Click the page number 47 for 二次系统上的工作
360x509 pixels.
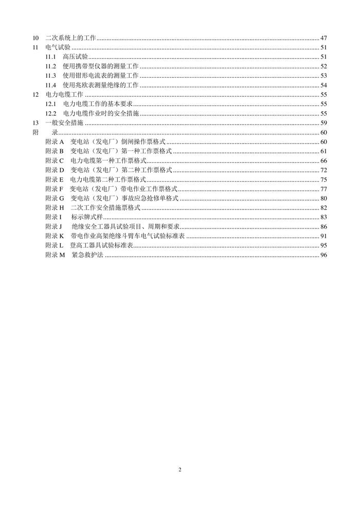point(323,38)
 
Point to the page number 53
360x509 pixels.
point(323,76)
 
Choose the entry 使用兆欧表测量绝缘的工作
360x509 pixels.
point(100,85)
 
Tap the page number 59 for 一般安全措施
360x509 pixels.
point(323,122)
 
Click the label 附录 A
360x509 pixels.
point(54,142)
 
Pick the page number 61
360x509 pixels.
point(323,151)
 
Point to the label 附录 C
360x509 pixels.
point(54,161)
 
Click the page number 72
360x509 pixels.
point(323,170)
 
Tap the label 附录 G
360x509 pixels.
point(54,198)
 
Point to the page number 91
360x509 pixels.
point(323,236)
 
